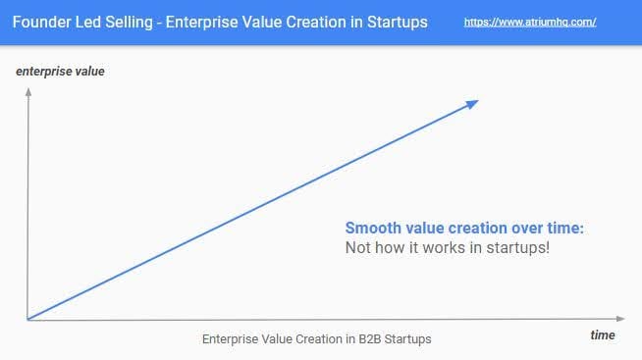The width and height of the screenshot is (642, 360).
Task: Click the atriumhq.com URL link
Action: pyautogui.click(x=530, y=21)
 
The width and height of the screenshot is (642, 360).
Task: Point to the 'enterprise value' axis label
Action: pyautogui.click(x=60, y=72)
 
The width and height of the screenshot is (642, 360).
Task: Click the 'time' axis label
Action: pyautogui.click(x=603, y=335)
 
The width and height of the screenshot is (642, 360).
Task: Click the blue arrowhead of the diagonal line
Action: pyautogui.click(x=472, y=103)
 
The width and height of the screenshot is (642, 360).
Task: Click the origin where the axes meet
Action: pyautogui.click(x=27, y=319)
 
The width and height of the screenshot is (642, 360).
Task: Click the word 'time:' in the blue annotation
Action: pyautogui.click(x=564, y=228)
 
